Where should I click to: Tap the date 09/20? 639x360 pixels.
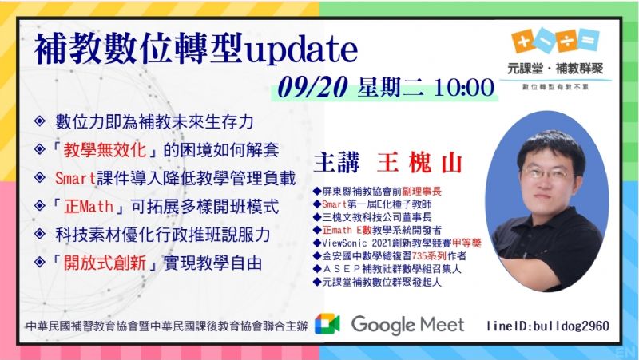coord(312,87)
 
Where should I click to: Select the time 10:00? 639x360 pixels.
coord(464,87)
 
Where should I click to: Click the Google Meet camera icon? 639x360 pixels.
coord(327,324)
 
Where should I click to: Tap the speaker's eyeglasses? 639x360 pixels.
coord(545,175)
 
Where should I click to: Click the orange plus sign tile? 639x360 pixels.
coord(523,42)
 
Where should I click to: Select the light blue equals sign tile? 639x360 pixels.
coord(589,40)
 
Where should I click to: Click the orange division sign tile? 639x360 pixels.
coord(566,42)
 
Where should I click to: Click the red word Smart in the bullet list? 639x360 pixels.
coord(75,178)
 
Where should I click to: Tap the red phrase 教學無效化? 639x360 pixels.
coord(105,150)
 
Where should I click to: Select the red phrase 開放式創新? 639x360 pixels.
coord(105,263)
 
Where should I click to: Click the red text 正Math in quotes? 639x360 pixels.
coord(89,207)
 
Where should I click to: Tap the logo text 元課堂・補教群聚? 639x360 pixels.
coord(555,69)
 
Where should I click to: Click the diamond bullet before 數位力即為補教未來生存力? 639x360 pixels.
coord(40,121)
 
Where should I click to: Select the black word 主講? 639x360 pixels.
coord(336,163)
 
